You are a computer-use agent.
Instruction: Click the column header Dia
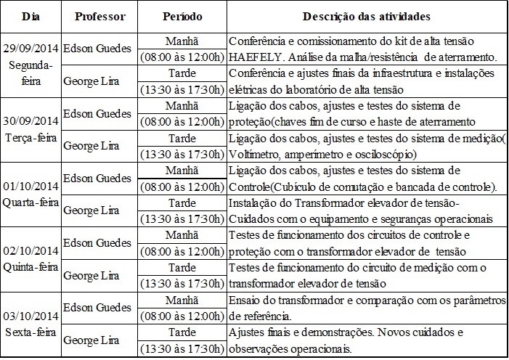(30, 15)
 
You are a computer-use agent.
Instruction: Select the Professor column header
(94, 15)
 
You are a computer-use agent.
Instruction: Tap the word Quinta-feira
(31, 266)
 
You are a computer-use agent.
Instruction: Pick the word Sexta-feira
(31, 332)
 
